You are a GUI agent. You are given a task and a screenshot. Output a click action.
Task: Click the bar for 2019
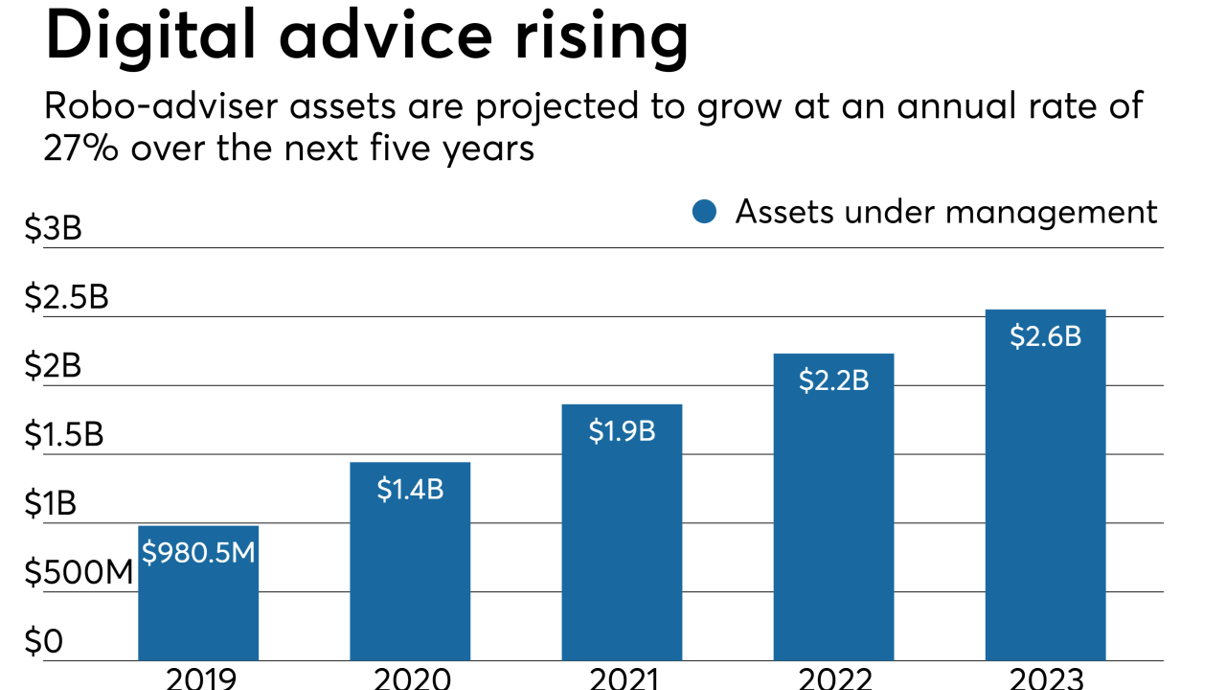[198, 604]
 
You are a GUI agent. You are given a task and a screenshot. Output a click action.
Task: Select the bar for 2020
[410, 575]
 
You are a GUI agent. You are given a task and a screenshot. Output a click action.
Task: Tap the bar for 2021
[622, 546]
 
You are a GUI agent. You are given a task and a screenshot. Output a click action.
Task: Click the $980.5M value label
[198, 552]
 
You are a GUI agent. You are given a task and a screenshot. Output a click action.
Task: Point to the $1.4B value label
[410, 490]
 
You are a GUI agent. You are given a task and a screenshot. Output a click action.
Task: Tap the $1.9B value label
[622, 431]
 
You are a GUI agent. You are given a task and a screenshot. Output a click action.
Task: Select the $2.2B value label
[833, 380]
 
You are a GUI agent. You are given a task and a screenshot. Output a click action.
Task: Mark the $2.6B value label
[1045, 337]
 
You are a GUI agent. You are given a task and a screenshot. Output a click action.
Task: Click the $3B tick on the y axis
[55, 230]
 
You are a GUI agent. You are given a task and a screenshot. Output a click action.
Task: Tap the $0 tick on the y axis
[43, 642]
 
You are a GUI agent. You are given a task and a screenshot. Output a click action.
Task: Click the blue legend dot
[704, 212]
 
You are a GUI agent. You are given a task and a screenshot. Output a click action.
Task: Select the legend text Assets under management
[946, 212]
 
